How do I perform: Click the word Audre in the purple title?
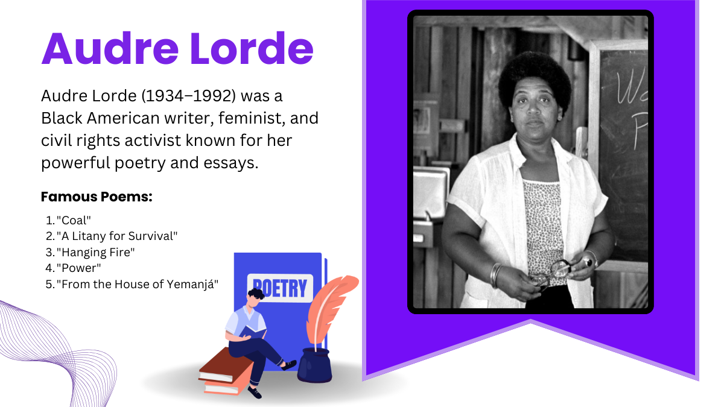tap(110, 48)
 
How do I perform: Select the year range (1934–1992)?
tap(189, 96)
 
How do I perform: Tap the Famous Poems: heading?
tap(97, 197)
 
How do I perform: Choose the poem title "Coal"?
tap(74, 220)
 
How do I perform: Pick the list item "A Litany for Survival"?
tap(117, 236)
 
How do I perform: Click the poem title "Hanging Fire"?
tap(96, 252)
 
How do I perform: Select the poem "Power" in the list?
tap(79, 268)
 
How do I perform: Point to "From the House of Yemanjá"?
tap(138, 284)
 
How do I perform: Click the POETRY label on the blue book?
tap(280, 288)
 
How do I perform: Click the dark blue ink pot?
tap(314, 365)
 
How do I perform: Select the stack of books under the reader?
tap(226, 371)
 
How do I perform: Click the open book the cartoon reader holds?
tap(253, 332)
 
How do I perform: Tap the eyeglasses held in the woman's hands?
tap(550, 274)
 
